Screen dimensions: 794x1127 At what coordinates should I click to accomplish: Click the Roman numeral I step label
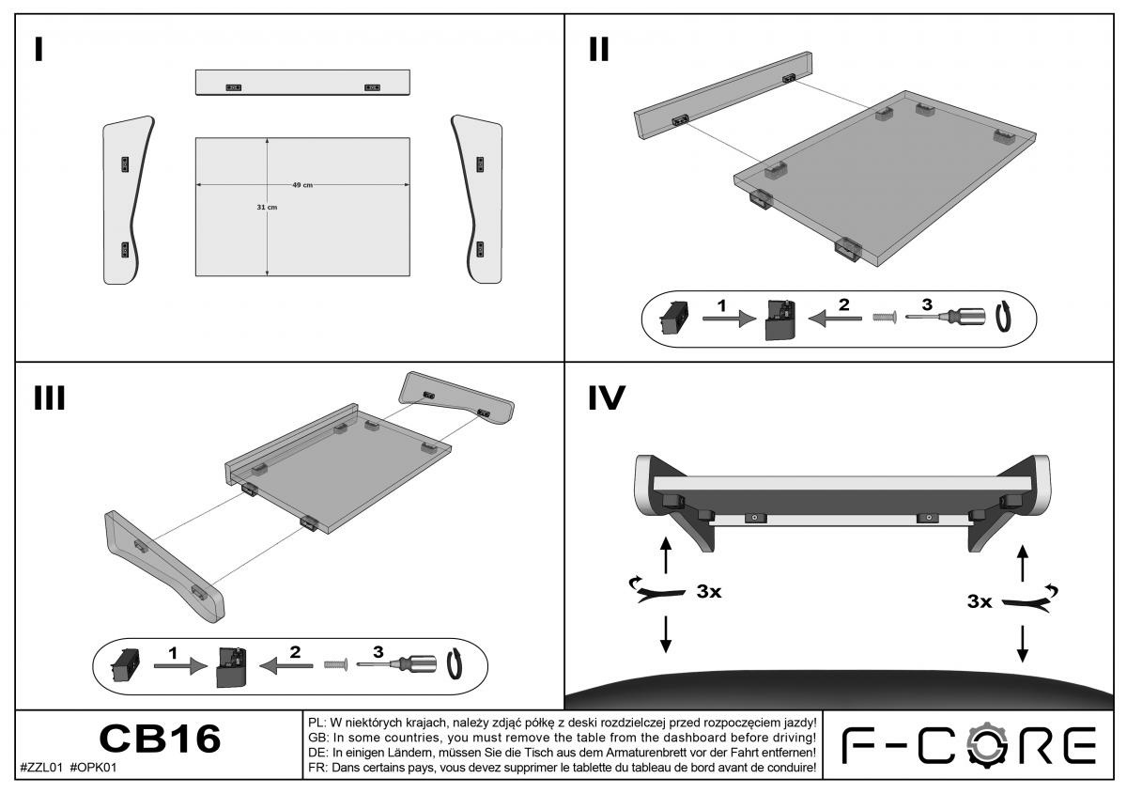(38, 50)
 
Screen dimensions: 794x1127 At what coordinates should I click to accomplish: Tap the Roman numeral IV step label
(606, 398)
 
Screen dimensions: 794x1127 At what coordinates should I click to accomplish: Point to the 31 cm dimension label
(267, 207)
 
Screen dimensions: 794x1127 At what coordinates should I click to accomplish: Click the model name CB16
(160, 740)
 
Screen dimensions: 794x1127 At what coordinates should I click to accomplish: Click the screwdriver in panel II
(949, 319)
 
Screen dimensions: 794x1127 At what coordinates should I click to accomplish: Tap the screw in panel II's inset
(883, 319)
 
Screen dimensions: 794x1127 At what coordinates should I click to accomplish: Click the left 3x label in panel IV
(709, 593)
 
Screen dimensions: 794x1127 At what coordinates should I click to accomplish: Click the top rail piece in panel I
(303, 82)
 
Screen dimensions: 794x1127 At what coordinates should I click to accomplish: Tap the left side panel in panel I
(125, 199)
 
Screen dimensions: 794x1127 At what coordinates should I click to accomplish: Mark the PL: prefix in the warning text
(317, 723)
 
